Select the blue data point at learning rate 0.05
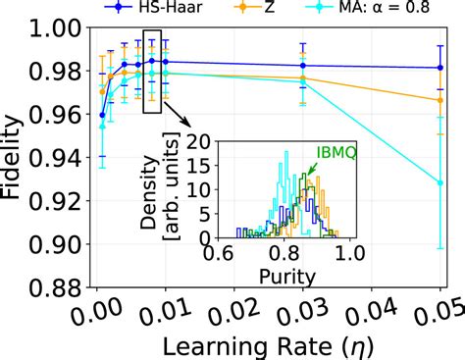point(440,68)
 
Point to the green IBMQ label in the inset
point(334,155)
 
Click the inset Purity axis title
point(288,277)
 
